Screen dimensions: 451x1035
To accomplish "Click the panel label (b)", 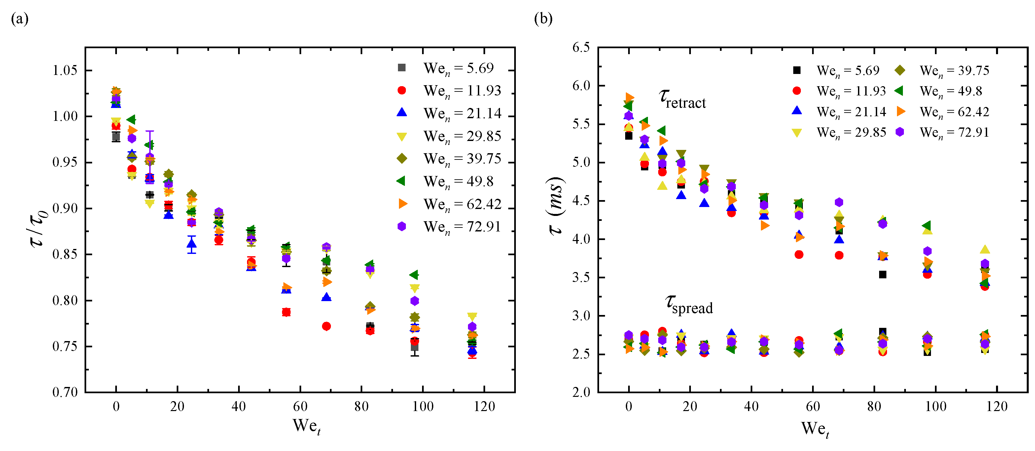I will [543, 18].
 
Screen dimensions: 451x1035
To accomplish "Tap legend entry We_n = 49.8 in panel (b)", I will [950, 91].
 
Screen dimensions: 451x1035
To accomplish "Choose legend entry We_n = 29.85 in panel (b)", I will [851, 132].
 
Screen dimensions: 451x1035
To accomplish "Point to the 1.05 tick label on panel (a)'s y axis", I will [65, 70].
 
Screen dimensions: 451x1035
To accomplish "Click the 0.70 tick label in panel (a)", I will [65, 392].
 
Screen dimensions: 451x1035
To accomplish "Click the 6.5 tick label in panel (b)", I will [581, 48].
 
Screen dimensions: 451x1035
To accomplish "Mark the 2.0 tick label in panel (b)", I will [581, 392].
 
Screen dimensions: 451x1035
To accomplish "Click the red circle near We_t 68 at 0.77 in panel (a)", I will [326, 326].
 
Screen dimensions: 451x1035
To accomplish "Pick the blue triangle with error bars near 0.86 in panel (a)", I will [192, 244].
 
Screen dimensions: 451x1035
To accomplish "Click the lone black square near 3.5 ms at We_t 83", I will [882, 275].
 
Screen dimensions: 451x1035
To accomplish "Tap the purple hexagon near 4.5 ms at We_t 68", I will [839, 202].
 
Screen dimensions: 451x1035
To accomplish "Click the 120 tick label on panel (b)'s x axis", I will [996, 406].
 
